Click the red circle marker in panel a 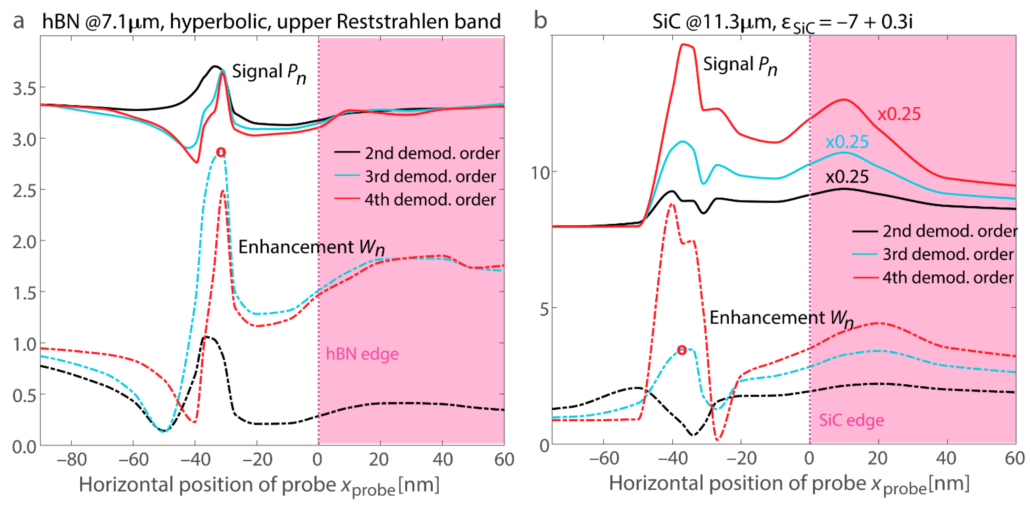tap(221, 152)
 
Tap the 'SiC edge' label tap(851, 420)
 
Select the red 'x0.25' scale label tap(899, 114)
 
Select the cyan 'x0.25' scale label tap(847, 142)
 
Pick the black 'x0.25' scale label tap(847, 177)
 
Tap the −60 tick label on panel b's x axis tap(603, 458)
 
